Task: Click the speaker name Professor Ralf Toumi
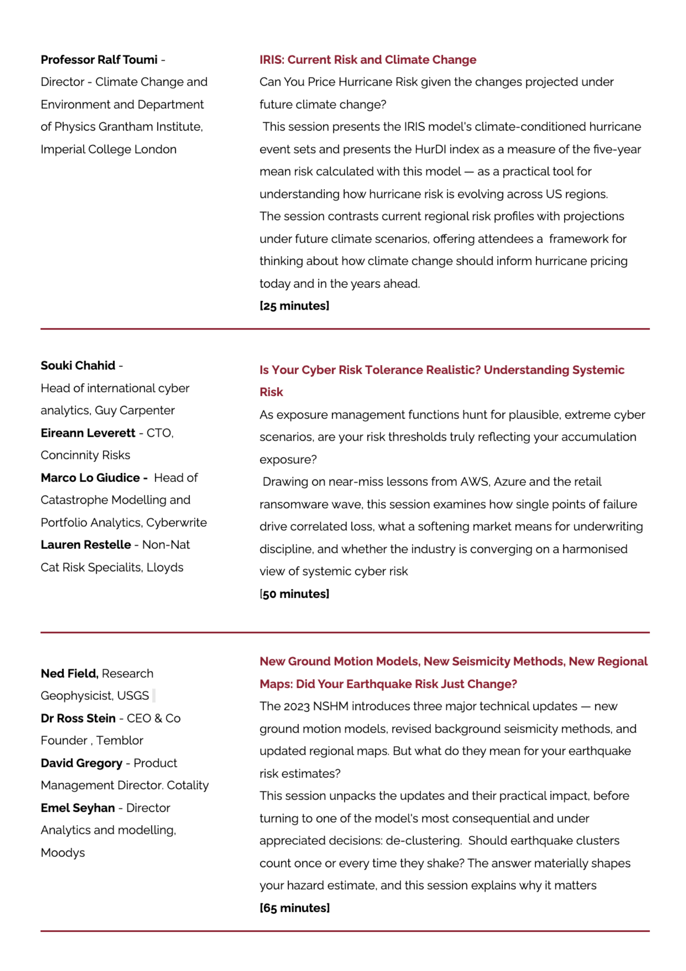[99, 60]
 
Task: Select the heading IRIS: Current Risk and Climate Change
[367, 60]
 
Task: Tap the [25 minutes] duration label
[294, 306]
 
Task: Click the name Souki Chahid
[78, 365]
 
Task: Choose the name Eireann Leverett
[88, 433]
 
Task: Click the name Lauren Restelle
[86, 545]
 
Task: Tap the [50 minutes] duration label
[294, 594]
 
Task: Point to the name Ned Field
[69, 673]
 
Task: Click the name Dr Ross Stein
[78, 718]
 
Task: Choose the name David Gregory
[81, 763]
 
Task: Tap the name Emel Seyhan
[78, 808]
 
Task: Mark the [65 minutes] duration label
[294, 908]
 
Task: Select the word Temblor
[120, 740]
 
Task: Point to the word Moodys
[63, 852]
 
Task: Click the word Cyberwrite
[176, 522]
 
